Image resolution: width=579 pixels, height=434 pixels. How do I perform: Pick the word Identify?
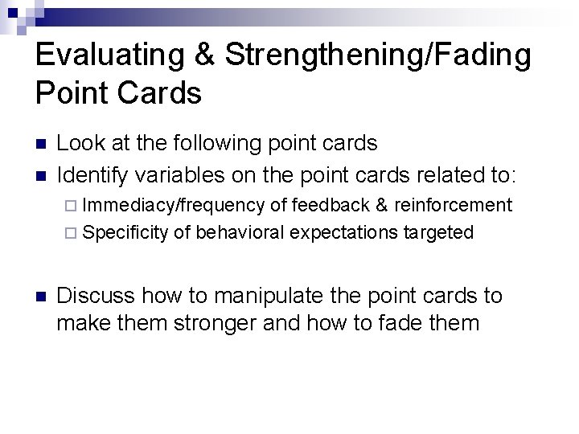tap(92, 174)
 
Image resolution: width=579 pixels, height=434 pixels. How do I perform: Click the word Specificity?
tap(125, 233)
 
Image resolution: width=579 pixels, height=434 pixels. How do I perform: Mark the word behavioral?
tap(240, 233)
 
